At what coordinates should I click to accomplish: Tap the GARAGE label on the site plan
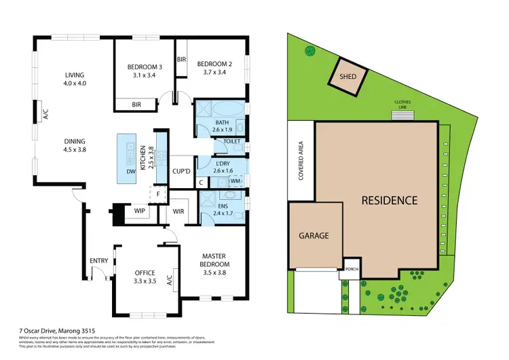[x=314, y=236]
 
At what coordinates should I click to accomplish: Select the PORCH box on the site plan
[x=352, y=267]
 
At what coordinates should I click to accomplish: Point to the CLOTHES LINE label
[x=402, y=105]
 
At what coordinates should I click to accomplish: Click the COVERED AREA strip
[x=300, y=161]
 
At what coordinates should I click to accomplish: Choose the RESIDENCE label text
[x=389, y=200]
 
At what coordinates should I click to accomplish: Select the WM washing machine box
[x=235, y=181]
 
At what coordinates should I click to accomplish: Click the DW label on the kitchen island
[x=130, y=172]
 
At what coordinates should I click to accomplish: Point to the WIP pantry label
[x=140, y=211]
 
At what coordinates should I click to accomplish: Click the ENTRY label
[x=98, y=261]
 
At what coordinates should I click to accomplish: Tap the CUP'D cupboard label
[x=181, y=171]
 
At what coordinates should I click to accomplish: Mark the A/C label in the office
[x=169, y=278]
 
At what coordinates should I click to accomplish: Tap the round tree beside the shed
[x=310, y=50]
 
